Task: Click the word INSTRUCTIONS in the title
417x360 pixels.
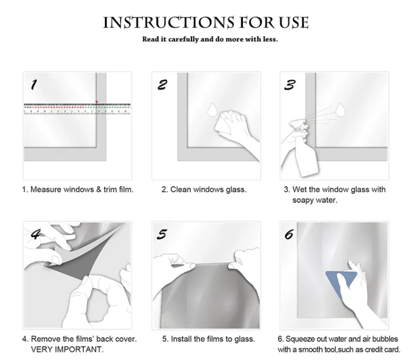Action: (169, 22)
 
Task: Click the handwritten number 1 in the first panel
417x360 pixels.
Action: (34, 84)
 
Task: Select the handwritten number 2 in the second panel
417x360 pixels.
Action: (162, 85)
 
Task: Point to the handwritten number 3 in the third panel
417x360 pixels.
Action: (289, 85)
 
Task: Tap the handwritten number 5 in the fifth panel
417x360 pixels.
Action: (162, 234)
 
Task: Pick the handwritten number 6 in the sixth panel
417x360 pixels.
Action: (289, 234)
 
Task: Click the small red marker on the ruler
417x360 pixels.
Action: (97, 102)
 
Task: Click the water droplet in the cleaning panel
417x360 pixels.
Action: (212, 109)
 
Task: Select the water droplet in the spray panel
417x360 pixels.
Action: (341, 110)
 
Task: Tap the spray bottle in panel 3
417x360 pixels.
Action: (304, 148)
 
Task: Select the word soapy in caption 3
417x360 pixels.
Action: (303, 200)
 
